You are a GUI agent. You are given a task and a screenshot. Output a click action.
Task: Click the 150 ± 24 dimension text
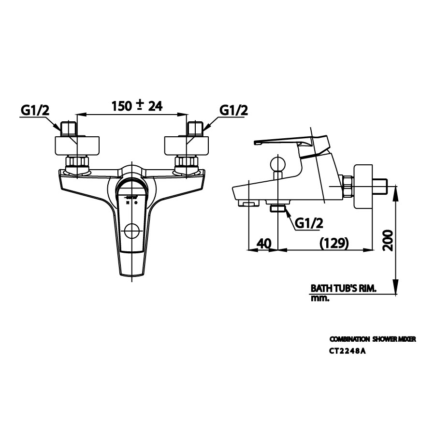137,106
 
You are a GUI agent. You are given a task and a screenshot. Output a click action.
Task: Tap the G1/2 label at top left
35,110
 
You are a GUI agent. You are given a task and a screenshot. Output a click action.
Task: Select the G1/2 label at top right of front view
234,110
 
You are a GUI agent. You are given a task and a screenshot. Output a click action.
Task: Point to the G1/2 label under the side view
309,223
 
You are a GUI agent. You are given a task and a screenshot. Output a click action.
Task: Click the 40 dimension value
264,243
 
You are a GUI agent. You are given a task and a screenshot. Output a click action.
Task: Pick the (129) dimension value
334,243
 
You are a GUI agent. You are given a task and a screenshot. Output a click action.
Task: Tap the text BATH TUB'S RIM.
343,288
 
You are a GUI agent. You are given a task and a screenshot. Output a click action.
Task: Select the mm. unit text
319,299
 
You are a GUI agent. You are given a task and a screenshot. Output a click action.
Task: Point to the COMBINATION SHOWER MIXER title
372,340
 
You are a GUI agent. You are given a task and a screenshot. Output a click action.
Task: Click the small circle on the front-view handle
131,232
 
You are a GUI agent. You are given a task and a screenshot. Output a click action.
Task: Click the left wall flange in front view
78,145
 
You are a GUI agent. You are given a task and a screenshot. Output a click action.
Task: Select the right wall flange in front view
188,145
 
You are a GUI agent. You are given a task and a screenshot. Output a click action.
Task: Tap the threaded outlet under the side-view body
278,209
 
